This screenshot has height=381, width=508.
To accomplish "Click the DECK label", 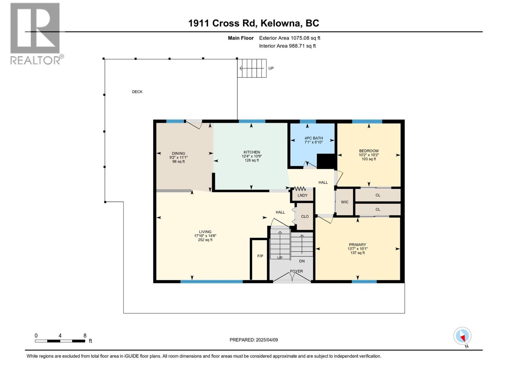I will (137, 92).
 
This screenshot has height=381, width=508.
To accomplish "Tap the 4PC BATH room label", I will (313, 138).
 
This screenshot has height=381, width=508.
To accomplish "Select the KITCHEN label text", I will (252, 152).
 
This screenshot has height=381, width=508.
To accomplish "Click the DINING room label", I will (178, 153).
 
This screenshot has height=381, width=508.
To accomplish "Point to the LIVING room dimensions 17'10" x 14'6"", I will (205, 236).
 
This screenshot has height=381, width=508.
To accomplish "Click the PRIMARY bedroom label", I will (358, 244).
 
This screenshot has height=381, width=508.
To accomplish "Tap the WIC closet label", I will (344, 202).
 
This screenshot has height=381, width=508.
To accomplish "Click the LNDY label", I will (302, 195).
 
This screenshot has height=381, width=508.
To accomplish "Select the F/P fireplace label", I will (260, 256).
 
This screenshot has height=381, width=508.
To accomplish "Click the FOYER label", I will (296, 271).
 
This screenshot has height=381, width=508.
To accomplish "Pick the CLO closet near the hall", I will (305, 217).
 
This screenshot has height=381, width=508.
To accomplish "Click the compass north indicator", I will (463, 336).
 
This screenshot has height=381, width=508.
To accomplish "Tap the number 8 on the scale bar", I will (85, 336).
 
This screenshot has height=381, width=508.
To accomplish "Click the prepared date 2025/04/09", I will (266, 340).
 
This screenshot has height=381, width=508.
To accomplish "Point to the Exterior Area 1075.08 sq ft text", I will (290, 38).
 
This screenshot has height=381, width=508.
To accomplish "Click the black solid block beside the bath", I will (326, 161).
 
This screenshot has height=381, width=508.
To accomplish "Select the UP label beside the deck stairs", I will (271, 68).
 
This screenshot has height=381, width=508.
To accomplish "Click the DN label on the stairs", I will (302, 261).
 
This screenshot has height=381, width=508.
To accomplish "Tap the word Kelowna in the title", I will (282, 23).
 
